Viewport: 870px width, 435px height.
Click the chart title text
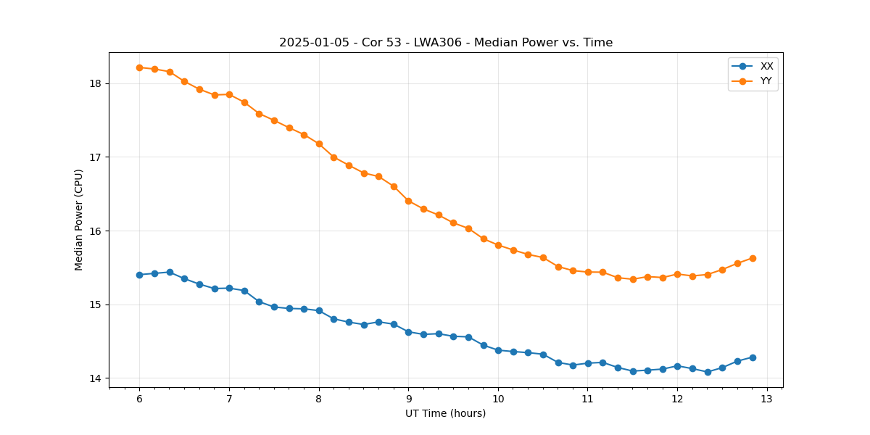(x=446, y=43)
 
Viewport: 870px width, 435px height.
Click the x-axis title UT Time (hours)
(x=445, y=413)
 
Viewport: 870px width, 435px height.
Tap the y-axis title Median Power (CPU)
(x=79, y=220)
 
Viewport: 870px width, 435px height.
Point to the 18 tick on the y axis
(x=96, y=83)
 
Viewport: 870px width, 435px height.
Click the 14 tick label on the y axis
(x=96, y=378)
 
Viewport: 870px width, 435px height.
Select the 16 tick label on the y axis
(x=96, y=231)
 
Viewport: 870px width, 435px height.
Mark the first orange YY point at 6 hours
(x=139, y=67)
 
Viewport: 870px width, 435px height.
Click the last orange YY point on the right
(x=753, y=258)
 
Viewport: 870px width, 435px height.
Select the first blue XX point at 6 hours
(x=139, y=275)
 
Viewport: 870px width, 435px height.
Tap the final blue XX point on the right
(x=753, y=357)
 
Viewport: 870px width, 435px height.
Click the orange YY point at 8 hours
(x=319, y=144)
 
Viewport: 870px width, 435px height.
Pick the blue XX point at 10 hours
(x=498, y=350)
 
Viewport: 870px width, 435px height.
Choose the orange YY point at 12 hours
(x=677, y=274)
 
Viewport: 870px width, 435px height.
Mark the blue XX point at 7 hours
(x=229, y=288)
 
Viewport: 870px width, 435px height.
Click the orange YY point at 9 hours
(x=408, y=201)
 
